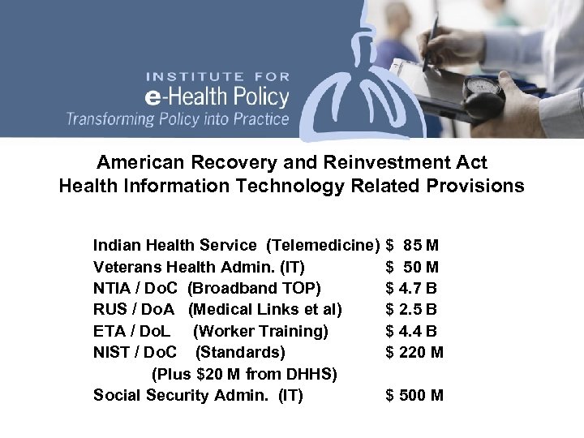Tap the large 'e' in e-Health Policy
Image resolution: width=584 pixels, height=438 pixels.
(152, 97)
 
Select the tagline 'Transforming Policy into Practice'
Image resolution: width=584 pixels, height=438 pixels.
(177, 118)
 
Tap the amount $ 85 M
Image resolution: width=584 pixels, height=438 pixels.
(413, 244)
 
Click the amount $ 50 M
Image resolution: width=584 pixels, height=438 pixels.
(413, 265)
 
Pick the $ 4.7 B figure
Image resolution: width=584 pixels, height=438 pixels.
(413, 287)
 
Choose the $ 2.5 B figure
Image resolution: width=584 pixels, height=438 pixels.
(413, 309)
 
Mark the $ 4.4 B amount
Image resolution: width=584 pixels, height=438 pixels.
(413, 331)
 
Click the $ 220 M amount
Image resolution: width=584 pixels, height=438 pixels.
(414, 352)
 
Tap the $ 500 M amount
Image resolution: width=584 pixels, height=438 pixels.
(414, 396)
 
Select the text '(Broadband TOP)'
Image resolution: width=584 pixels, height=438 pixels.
(254, 287)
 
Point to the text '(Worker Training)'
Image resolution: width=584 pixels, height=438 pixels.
(261, 331)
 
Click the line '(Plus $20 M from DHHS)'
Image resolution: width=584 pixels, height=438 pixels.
(244, 374)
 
